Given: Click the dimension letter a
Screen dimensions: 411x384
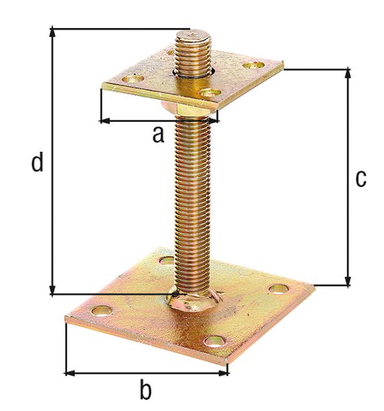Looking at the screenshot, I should (x=158, y=135).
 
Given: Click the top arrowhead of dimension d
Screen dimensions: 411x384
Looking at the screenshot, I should (x=53, y=33).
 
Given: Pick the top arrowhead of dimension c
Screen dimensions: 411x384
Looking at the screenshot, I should (x=348, y=73).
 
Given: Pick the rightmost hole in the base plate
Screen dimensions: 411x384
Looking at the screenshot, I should (x=277, y=288).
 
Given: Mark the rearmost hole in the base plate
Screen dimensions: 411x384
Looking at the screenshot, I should (x=166, y=261).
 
